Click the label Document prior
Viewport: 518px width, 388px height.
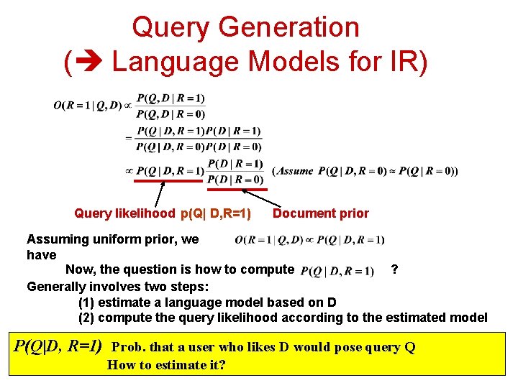pyautogui.click(x=320, y=213)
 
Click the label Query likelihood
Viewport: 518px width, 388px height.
pyautogui.click(x=124, y=213)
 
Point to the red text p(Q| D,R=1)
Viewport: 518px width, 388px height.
pyautogui.click(x=216, y=213)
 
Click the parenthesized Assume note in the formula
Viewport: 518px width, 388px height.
pyautogui.click(x=365, y=171)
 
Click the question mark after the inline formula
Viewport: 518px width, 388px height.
pyautogui.click(x=394, y=269)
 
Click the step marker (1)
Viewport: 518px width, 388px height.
pyautogui.click(x=86, y=302)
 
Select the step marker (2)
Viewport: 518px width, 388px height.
pyautogui.click(x=86, y=318)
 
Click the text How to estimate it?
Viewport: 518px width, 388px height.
pyautogui.click(x=166, y=365)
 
